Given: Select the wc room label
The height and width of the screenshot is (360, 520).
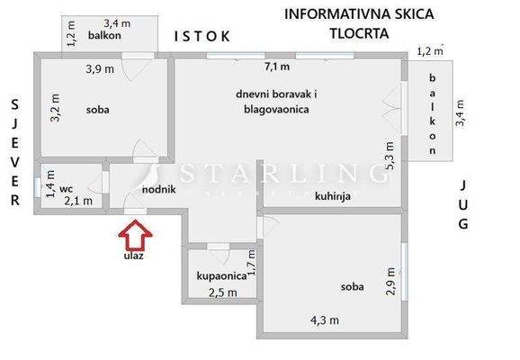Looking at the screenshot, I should [65, 189].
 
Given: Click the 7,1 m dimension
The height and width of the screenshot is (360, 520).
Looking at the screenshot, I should [277, 67].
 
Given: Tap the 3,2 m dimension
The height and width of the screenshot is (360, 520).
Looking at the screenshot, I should [55, 109].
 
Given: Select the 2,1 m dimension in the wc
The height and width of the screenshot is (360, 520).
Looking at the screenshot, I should [78, 201].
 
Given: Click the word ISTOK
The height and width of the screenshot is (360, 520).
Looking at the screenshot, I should [202, 36].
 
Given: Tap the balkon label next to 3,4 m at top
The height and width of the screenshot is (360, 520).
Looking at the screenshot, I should [105, 37].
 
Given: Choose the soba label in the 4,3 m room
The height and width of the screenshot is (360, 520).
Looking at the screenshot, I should [353, 287].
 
